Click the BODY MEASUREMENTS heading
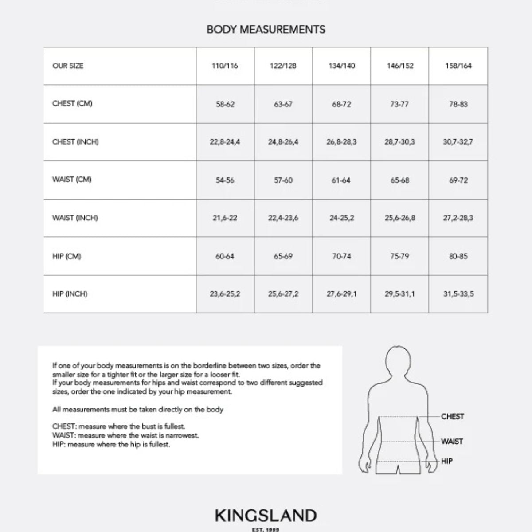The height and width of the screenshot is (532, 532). coord(266,30)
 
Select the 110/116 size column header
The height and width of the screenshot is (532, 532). coord(225,66)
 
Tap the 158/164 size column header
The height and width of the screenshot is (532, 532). coord(458,66)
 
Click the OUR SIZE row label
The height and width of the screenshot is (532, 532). coord(68,66)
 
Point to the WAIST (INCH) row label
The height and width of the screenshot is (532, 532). coord(75,218)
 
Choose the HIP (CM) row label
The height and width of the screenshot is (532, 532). coord(66,256)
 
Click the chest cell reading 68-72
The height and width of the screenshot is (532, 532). coord(341,104)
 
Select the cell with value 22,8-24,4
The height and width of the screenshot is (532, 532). coord(225,142)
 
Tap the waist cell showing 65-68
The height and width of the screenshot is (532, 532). coord(400,180)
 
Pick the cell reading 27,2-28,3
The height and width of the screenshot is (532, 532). coord(458,218)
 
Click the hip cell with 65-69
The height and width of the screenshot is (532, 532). coord(283,256)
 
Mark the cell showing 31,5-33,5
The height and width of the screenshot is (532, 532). coord(458,294)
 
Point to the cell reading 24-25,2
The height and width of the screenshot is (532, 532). coord(341,218)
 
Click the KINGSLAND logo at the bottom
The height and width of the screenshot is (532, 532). coord(266,516)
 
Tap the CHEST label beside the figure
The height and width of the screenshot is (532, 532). coord(453,416)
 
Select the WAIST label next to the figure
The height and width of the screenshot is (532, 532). coord(452,442)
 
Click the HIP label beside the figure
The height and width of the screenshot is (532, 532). coord(447,461)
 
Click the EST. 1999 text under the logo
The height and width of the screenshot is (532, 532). coord(266,529)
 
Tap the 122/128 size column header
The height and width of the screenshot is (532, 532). coord(283,66)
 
